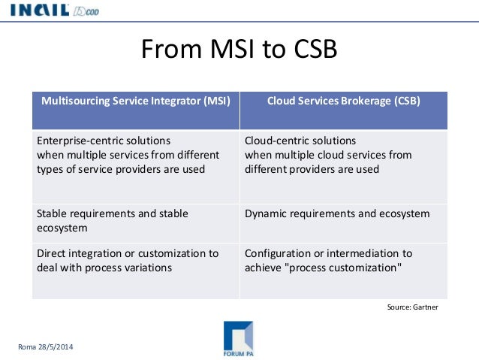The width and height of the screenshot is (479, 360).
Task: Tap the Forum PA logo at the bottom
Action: (238, 338)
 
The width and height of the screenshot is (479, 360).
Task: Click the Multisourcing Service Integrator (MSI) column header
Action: (135, 100)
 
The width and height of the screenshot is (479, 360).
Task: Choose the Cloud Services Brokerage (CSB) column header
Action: (344, 100)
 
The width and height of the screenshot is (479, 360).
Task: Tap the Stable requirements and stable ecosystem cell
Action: (112, 220)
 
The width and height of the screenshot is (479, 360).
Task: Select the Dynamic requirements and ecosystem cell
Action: (337, 213)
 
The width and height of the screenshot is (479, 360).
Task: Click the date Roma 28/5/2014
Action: (47, 346)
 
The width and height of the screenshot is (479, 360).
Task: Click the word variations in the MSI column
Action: (148, 268)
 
